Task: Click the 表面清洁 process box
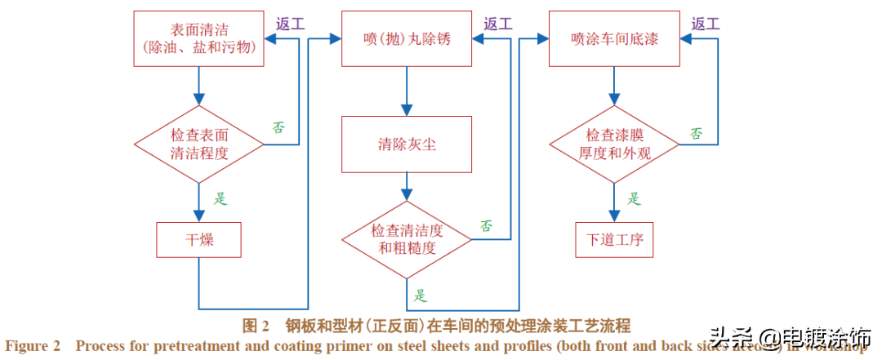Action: coord(199,38)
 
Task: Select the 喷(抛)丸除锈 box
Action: coord(407,38)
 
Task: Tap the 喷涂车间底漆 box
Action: coord(613,38)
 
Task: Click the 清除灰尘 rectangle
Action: coord(407,144)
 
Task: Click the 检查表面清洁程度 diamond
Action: coord(199,144)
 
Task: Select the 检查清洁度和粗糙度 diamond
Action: coord(407,239)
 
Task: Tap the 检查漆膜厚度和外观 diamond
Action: coord(614,144)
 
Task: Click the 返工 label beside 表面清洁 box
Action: coord(289,24)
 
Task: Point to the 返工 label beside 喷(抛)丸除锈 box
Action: coord(497,24)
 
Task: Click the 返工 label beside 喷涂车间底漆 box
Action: coord(705,24)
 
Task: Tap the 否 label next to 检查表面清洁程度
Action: coord(279,127)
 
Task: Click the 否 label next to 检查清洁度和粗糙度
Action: coord(486,225)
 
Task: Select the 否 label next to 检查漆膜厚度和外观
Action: coord(696,133)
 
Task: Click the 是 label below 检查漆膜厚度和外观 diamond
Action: coord(634,198)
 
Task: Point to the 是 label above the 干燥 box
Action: coord(220,198)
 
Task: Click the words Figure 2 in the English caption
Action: coord(33,346)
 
